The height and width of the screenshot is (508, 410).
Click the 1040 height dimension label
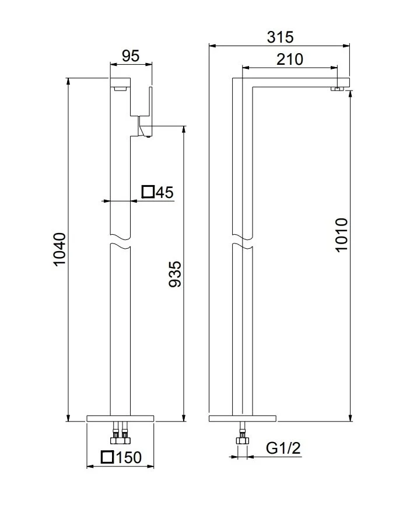[x=60, y=249]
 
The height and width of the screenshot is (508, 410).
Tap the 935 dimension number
[x=176, y=274]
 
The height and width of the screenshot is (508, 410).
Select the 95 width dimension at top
[x=131, y=56]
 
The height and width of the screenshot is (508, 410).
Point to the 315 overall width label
[x=281, y=37]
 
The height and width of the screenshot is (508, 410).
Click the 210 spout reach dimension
[x=290, y=60]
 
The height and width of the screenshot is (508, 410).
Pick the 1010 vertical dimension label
[x=341, y=235]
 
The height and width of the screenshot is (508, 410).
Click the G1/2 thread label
[x=283, y=448]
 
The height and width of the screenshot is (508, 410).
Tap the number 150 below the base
[x=128, y=457]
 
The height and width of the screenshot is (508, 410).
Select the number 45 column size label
[x=164, y=193]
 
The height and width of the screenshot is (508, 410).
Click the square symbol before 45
[x=148, y=192]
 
